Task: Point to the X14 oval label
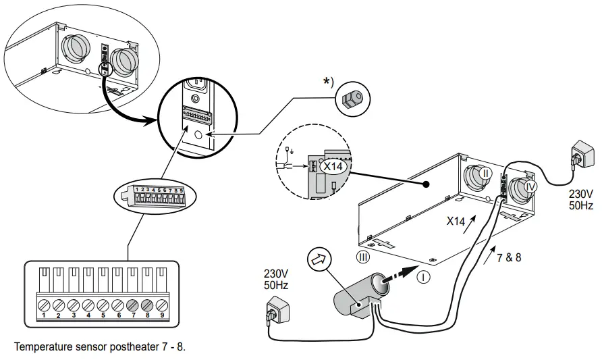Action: coord(333,165)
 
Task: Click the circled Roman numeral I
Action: coord(423,276)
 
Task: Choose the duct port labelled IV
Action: coord(530,185)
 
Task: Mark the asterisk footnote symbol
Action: coord(327,82)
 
